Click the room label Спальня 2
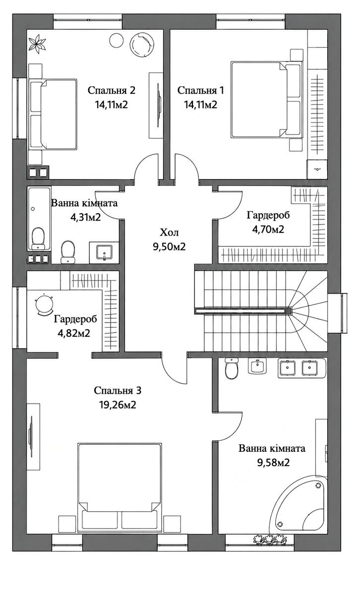tap(112, 90)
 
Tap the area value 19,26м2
tap(118, 405)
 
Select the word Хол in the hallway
tap(169, 233)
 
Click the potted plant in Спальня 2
tap(38, 43)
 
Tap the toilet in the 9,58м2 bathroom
tap(232, 368)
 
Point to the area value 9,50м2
tap(169, 247)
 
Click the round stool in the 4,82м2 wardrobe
tap(44, 305)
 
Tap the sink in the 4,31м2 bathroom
tap(104, 252)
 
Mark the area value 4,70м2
tap(268, 229)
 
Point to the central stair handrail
tap(243, 310)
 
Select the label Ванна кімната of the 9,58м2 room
tap(272, 448)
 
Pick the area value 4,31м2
tap(86, 218)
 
